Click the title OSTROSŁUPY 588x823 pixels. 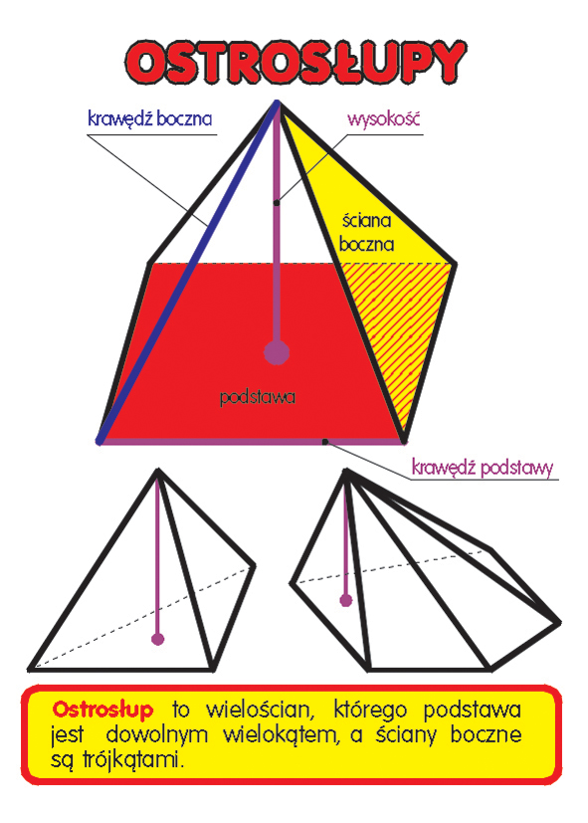pos(295,62)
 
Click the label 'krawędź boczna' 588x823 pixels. pos(150,118)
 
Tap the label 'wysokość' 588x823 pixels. pos(383,118)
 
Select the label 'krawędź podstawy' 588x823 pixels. pos(483,467)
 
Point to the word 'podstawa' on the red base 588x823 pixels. pos(257,397)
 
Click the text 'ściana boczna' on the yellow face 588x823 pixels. pos(367,232)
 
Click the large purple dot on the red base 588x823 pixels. pos(277,351)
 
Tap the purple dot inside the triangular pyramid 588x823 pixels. pos(157,639)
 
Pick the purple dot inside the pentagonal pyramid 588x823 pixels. pos(345,600)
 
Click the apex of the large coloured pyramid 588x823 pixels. pos(278,102)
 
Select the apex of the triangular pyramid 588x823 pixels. pos(157,471)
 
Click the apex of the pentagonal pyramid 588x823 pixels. pos(345,471)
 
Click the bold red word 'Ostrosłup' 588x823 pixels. pos(102,710)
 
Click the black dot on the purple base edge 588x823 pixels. pos(325,442)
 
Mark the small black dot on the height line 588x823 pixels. pos(277,202)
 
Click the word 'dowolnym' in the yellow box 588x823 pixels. pos(157,734)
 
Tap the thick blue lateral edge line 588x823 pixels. pos(188,272)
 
